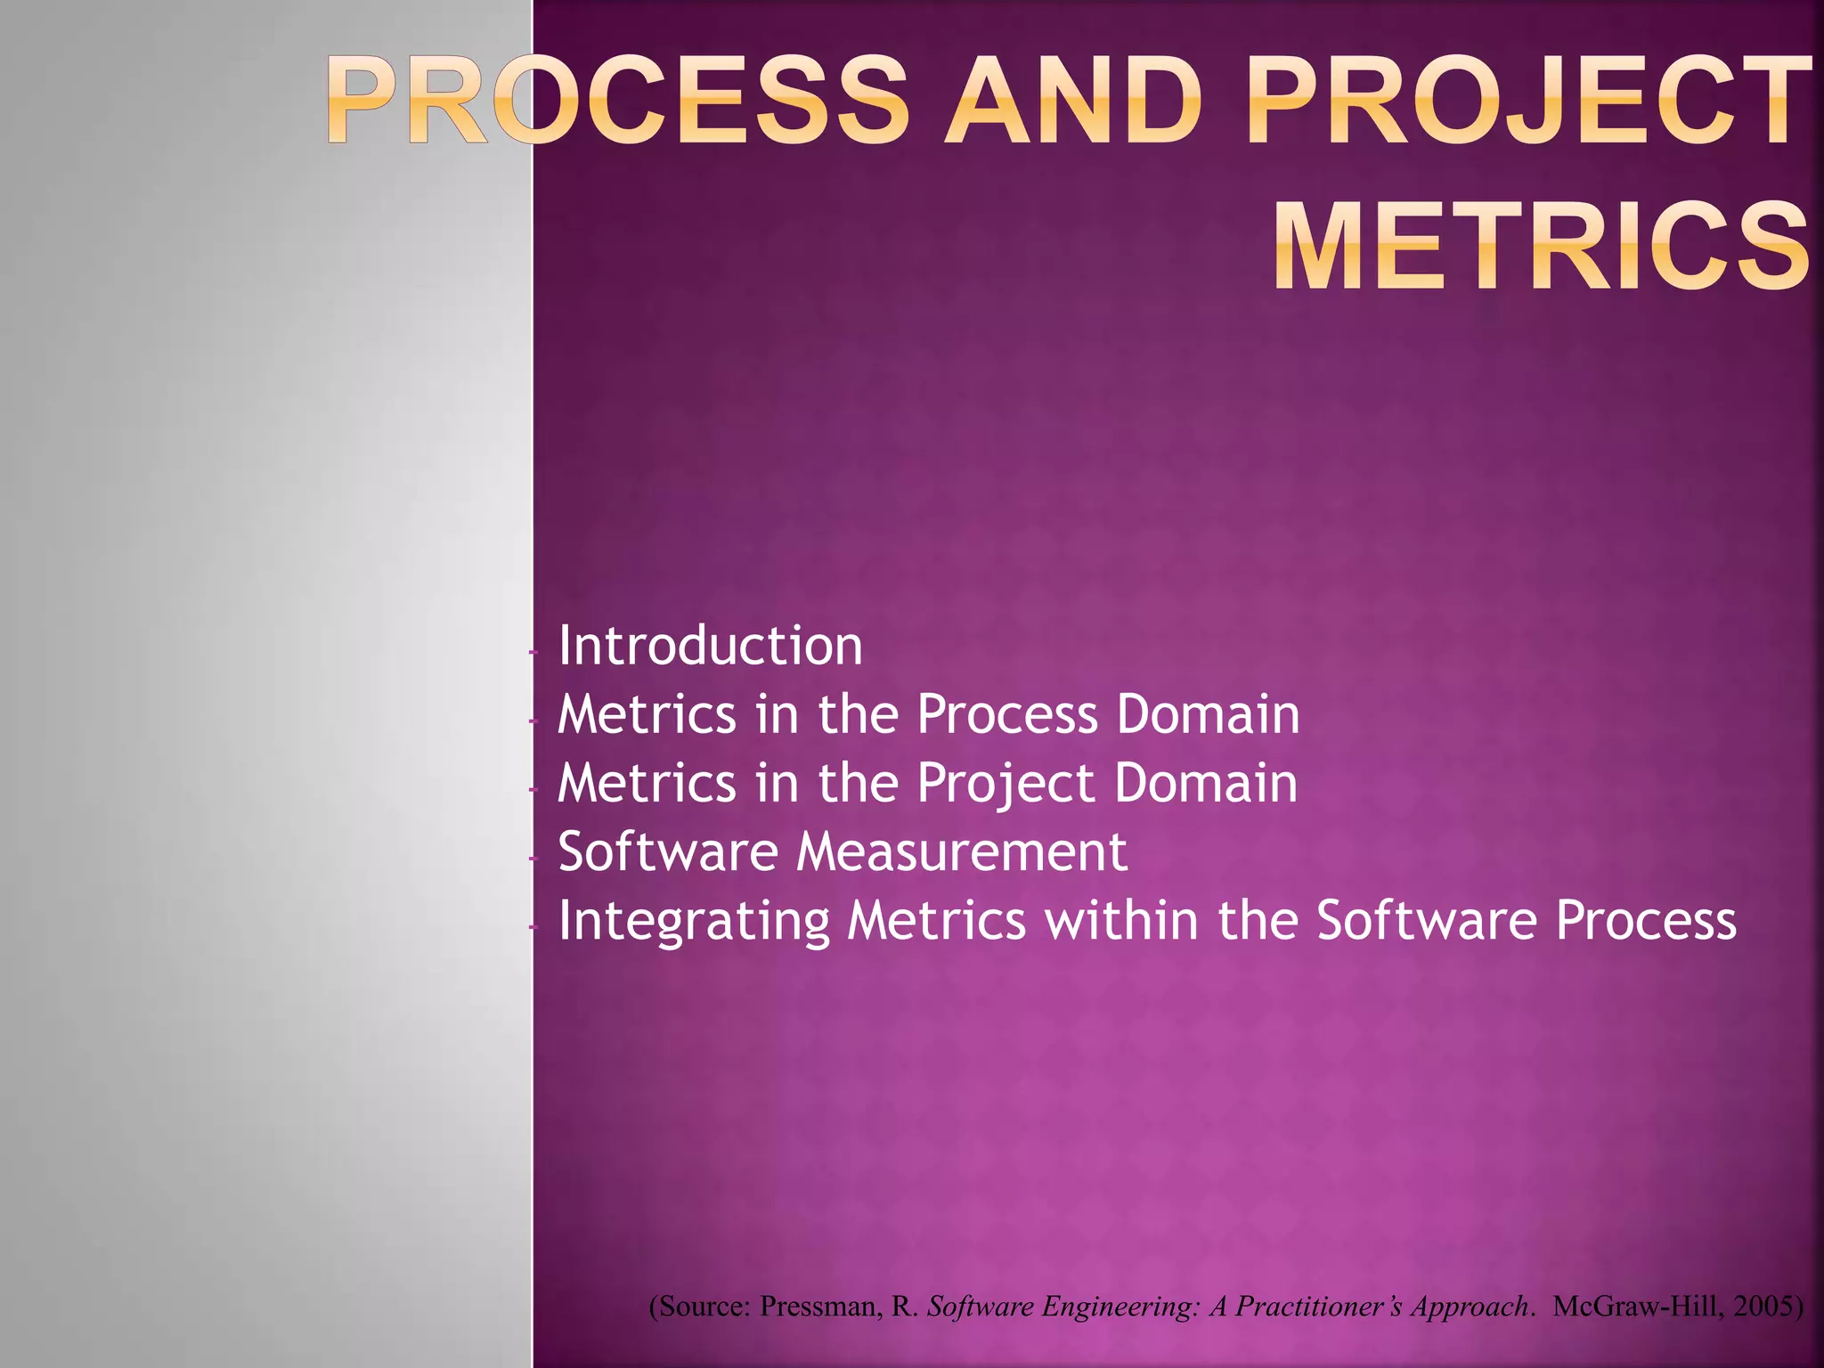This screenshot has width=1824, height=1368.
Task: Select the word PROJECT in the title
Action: [x=1528, y=100]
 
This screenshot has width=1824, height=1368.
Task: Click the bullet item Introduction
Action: [x=710, y=646]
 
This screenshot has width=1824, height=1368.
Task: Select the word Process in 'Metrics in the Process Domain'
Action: [x=1007, y=715]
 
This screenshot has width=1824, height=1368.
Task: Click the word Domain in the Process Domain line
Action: [x=1209, y=715]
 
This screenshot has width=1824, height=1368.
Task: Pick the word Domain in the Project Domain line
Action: [x=1207, y=784]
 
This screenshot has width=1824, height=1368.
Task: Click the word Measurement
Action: [x=962, y=852]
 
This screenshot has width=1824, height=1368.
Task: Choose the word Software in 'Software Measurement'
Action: [x=668, y=852]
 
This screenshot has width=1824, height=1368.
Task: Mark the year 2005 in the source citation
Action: [x=1767, y=1307]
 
